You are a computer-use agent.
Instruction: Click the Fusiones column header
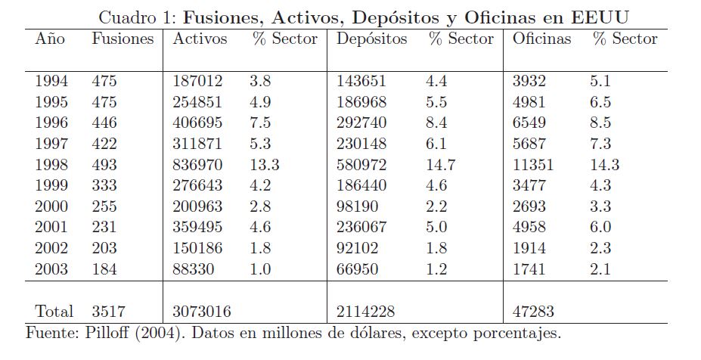point(123,39)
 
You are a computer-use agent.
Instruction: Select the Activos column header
point(200,39)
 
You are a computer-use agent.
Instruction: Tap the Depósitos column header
point(371,39)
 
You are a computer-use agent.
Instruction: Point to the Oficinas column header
point(541,39)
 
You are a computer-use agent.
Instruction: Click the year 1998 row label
point(51,165)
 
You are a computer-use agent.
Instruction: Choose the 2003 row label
point(51,269)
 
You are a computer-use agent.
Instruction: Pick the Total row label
point(54,311)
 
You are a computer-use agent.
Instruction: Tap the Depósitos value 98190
point(359,206)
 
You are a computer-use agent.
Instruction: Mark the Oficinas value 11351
point(533,165)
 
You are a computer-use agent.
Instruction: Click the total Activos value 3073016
point(202,311)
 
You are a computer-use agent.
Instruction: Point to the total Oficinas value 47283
point(534,311)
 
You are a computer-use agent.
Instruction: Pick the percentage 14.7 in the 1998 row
point(439,165)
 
